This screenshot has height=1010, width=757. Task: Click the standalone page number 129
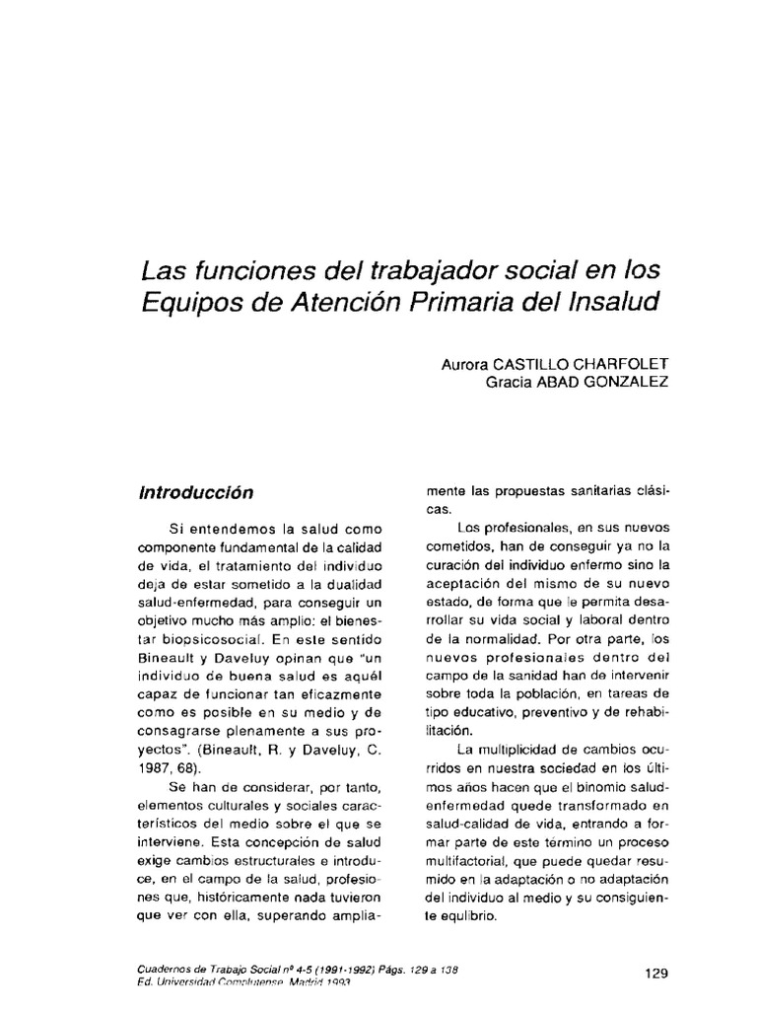coord(656,973)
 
